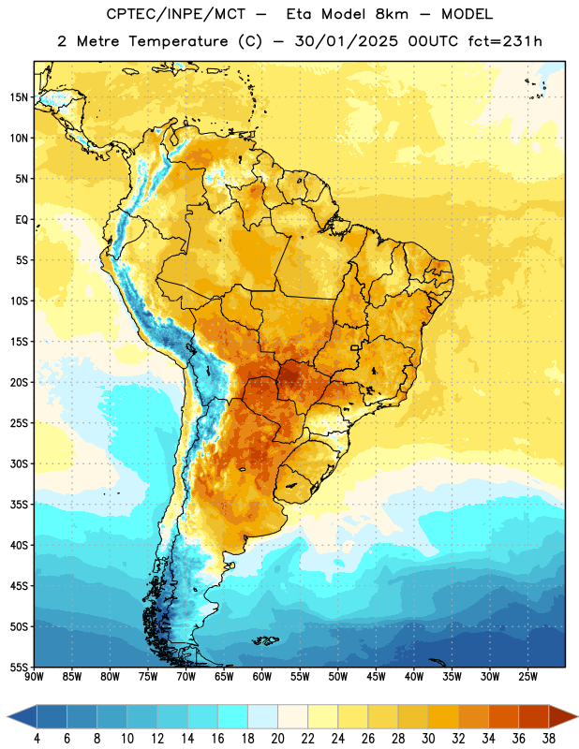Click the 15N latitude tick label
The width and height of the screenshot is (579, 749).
(19, 97)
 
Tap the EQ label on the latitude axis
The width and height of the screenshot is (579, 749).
(22, 220)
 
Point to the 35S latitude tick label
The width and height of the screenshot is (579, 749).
(19, 505)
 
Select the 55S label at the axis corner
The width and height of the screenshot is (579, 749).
(19, 667)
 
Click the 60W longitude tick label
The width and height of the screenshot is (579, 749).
(262, 677)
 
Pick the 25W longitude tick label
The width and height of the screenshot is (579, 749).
(527, 677)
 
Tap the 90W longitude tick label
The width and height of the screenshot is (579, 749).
(34, 677)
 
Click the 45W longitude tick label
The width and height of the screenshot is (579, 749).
(376, 677)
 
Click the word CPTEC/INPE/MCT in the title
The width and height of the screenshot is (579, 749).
(175, 14)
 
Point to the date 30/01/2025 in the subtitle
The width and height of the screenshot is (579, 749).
(346, 41)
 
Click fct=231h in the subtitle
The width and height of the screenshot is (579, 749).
(505, 41)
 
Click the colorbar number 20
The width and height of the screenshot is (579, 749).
(277, 739)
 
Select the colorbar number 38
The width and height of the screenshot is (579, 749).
(549, 739)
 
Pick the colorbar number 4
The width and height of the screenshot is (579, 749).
(37, 739)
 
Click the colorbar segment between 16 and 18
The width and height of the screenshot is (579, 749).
(232, 717)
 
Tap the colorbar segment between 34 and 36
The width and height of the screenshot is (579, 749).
(503, 717)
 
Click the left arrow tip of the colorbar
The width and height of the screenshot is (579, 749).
(7, 717)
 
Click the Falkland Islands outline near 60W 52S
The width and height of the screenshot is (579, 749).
(265, 640)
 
